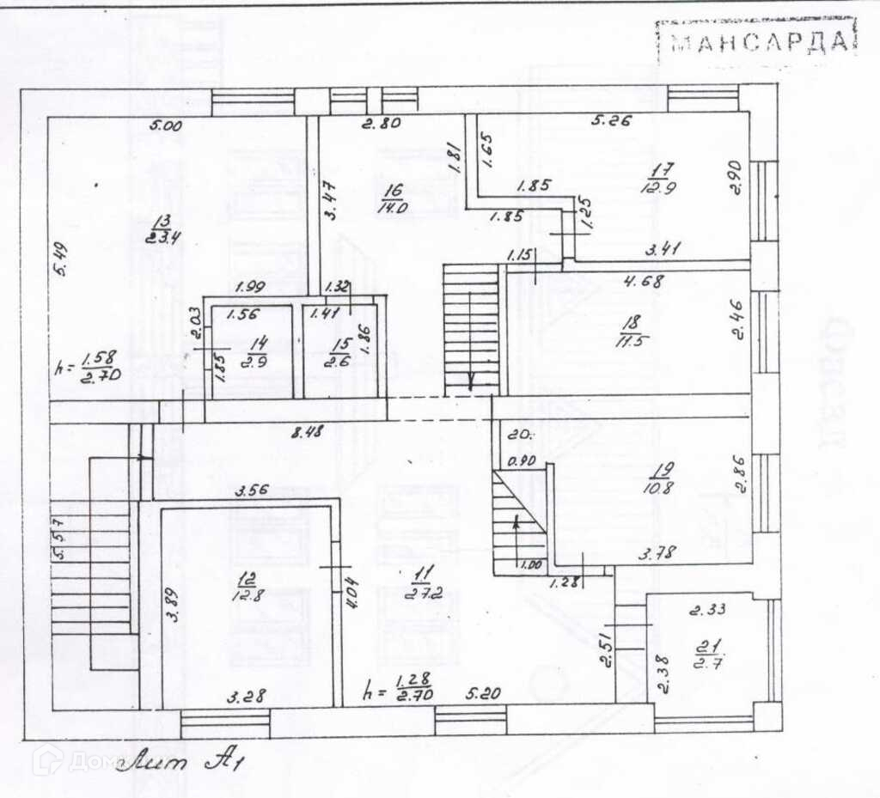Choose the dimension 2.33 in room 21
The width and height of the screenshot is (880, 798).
(708, 610)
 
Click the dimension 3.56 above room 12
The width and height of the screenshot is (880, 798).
(254, 492)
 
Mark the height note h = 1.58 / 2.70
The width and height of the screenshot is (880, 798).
(88, 367)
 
